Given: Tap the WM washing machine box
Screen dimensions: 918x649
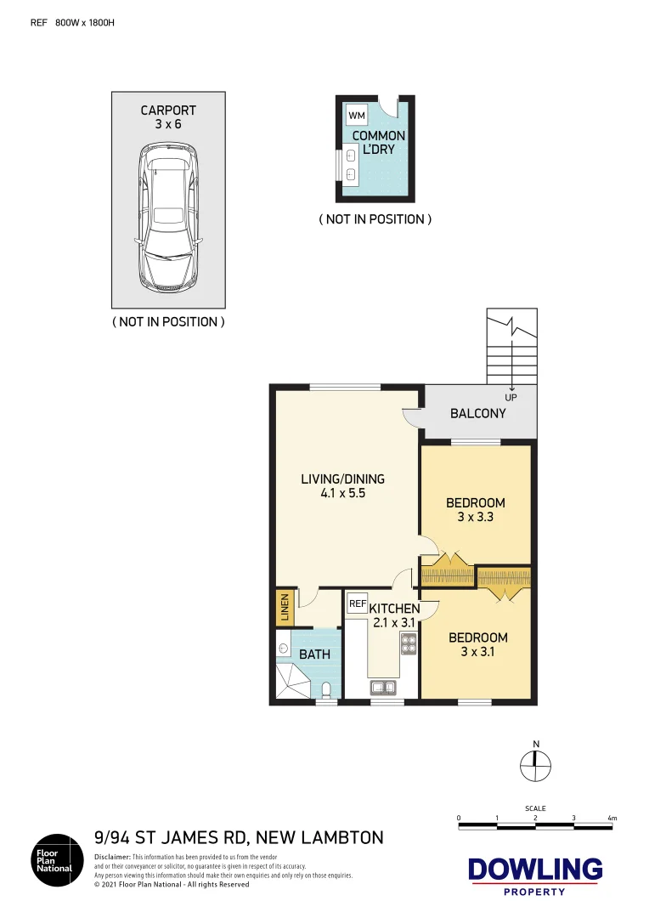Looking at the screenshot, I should [x=357, y=115].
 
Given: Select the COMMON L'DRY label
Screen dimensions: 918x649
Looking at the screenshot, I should [x=378, y=142].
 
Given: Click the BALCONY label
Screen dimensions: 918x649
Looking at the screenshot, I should [x=478, y=414].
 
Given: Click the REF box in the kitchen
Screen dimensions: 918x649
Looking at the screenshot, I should [x=357, y=603].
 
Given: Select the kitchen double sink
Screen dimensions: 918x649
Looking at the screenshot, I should [x=381, y=688].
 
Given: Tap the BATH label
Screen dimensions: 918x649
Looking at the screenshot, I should [x=314, y=654].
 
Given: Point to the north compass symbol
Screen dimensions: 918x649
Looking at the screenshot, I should [x=535, y=764].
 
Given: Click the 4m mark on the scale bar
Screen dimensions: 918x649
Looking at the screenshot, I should [x=612, y=819].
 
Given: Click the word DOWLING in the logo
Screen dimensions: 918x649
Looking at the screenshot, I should [x=535, y=870].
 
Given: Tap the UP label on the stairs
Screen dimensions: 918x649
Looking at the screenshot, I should [x=511, y=397].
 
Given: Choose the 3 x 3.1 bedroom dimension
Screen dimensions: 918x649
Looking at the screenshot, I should [x=477, y=652].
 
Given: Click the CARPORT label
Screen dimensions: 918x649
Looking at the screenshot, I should [x=168, y=110].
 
